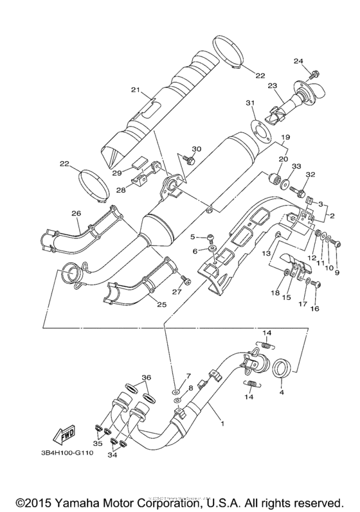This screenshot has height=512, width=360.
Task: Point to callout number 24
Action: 298,62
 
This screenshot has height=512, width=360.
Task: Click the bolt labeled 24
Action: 315,75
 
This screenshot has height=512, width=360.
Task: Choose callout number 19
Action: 285,137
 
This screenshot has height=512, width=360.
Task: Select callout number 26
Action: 76,214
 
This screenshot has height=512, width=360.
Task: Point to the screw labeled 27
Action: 186,279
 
